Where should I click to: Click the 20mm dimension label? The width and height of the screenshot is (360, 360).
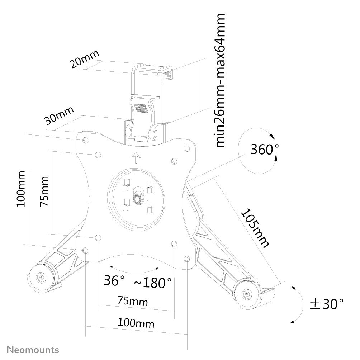85,59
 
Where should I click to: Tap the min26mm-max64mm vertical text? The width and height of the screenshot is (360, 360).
220,80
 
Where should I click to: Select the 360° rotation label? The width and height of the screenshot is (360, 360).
265,149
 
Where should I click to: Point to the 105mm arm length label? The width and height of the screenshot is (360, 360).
255,228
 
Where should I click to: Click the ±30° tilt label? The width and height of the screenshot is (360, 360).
327,304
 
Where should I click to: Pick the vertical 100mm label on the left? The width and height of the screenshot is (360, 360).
21,189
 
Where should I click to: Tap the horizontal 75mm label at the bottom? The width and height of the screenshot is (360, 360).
133,301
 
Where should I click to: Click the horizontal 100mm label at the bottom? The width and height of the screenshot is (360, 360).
136,323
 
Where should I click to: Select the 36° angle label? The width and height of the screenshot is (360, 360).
114,280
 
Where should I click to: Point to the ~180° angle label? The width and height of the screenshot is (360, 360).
153,283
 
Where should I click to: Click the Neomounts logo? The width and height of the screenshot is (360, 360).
33,350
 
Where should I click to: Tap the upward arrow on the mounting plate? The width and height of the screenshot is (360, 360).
136,158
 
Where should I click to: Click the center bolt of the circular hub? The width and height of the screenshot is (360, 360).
138,199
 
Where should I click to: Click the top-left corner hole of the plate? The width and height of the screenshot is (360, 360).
85,140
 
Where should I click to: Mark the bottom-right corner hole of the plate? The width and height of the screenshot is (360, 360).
187,259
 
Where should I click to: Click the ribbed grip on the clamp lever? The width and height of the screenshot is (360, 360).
141,108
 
